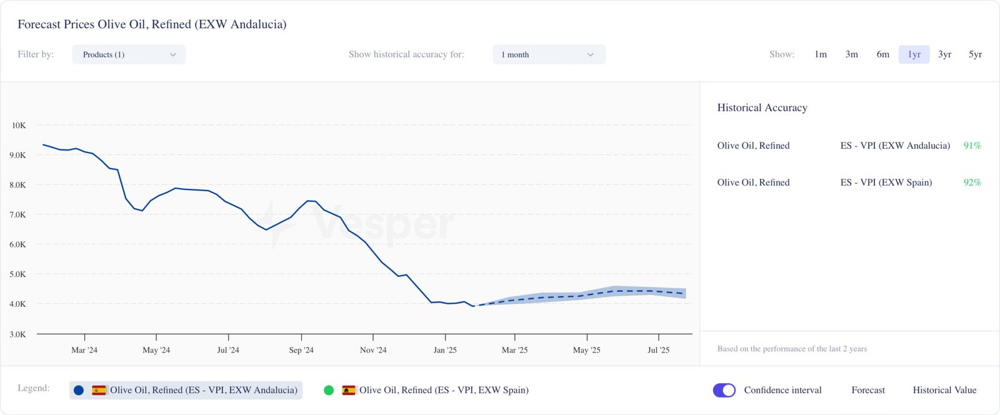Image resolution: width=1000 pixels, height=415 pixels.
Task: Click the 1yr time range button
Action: (x=914, y=54)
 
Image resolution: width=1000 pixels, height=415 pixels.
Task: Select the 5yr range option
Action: (x=975, y=54)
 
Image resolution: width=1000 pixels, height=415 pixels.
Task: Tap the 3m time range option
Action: (x=851, y=54)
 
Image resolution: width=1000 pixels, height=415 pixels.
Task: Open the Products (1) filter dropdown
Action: (x=129, y=54)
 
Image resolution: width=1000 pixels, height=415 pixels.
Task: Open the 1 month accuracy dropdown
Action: (x=549, y=54)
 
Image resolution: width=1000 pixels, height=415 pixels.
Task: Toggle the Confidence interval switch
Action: (x=724, y=390)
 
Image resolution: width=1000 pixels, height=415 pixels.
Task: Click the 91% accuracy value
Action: (x=972, y=146)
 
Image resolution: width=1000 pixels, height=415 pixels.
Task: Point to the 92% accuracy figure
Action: (x=972, y=182)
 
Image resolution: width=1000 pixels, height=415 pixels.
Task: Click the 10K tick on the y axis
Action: (x=19, y=126)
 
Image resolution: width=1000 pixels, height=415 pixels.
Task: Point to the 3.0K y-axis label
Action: (x=17, y=334)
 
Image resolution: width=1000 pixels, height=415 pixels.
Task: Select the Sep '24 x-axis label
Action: (x=301, y=350)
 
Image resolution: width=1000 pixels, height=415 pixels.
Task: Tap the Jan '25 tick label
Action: (x=445, y=350)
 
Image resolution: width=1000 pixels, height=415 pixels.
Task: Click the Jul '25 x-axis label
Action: (x=658, y=350)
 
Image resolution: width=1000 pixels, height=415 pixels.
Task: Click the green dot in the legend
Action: (x=329, y=390)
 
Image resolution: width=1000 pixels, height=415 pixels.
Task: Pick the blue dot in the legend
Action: (x=79, y=390)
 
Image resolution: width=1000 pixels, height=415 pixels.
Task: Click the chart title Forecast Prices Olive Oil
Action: (x=152, y=24)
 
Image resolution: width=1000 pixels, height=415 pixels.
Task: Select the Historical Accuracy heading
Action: (x=762, y=107)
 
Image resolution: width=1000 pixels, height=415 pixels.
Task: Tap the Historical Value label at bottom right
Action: (x=944, y=390)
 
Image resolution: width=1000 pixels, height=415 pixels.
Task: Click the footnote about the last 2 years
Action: (x=792, y=349)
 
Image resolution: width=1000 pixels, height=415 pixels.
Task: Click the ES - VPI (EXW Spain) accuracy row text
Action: (x=886, y=182)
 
